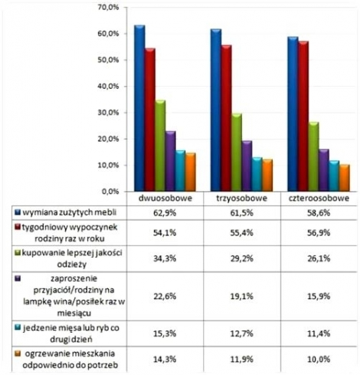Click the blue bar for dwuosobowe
click(x=139, y=108)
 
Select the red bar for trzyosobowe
click(x=226, y=118)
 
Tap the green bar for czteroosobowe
click(x=313, y=156)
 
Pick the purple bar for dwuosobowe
click(x=170, y=161)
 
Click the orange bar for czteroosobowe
click(x=344, y=178)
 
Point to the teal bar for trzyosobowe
click(x=257, y=174)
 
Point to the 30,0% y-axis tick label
click(x=109, y=113)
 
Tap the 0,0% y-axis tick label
click(x=110, y=192)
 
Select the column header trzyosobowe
click(x=242, y=199)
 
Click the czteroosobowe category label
click(x=319, y=199)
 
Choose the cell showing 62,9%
click(x=165, y=213)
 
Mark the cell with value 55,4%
click(x=242, y=233)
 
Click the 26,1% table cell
click(x=319, y=258)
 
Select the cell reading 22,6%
click(x=165, y=296)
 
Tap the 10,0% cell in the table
click(x=319, y=360)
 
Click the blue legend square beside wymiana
click(x=18, y=212)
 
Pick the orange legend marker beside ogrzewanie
click(x=18, y=354)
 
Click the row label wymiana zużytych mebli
click(x=70, y=212)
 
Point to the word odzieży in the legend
click(x=72, y=265)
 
